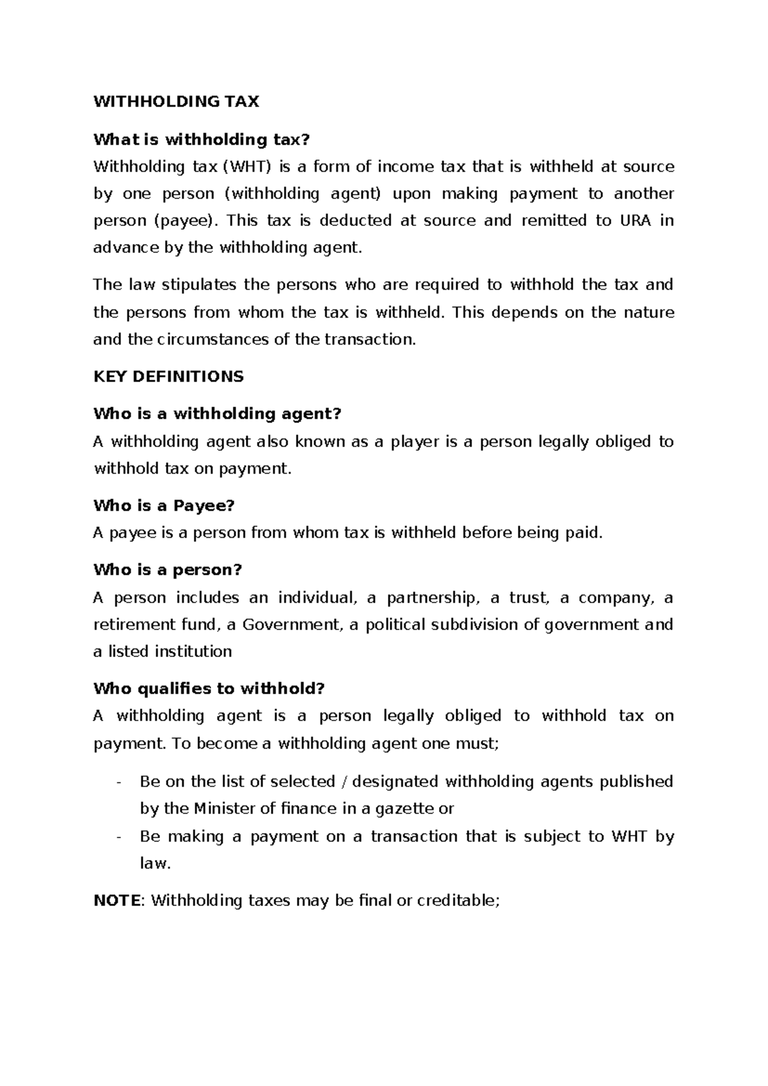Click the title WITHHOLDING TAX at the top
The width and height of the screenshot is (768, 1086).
coord(176,102)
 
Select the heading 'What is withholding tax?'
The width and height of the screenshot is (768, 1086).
coord(202,139)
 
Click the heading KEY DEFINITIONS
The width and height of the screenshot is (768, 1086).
coord(168,377)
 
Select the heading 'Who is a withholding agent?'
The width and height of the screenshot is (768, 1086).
coord(218,414)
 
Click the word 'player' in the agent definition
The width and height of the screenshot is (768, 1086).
coord(415,442)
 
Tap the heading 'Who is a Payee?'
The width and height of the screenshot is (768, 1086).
coord(164,506)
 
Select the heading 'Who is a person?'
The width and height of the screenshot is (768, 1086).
coord(168,570)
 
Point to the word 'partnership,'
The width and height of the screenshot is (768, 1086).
coord(433,598)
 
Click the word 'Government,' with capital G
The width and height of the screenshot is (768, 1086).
coord(293,625)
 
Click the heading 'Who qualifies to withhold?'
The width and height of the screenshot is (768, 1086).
coord(209,689)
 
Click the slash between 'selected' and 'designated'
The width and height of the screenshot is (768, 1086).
coord(346,782)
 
